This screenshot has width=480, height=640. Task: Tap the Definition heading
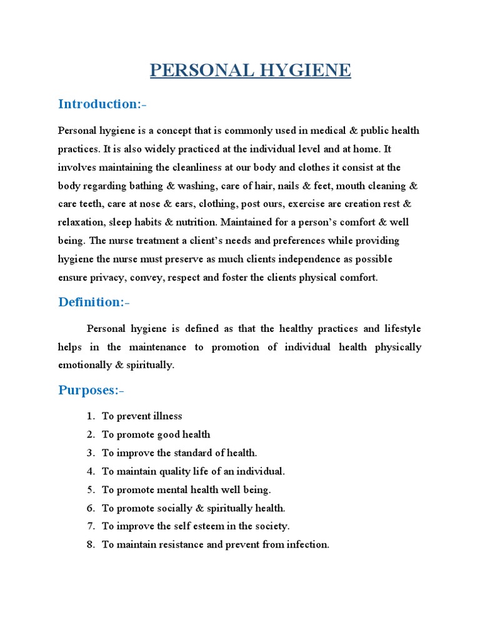click(94, 302)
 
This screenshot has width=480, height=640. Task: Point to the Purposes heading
click(91, 391)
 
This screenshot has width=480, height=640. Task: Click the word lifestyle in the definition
click(401, 328)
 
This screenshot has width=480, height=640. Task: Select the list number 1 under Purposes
click(90, 416)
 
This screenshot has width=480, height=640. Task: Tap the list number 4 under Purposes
click(90, 471)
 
